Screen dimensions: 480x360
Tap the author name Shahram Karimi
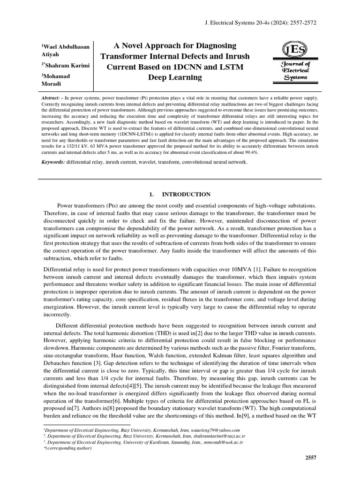click(66, 65)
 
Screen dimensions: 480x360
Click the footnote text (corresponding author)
click(67, 448)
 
